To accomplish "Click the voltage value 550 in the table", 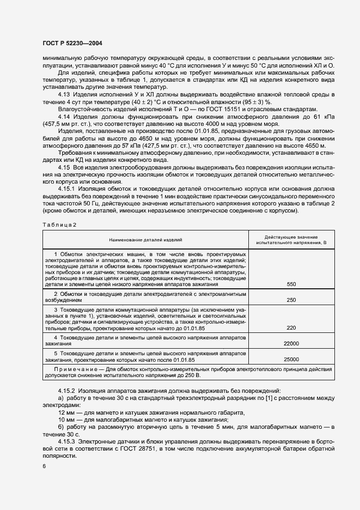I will pos(291,284).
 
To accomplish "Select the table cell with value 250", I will pos(291,300).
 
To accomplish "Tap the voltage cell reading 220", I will pos(291,328).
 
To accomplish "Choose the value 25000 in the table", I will pos(291,360).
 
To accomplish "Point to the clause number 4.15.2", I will pos(68,391).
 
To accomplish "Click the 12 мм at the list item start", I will pos(66,412).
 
